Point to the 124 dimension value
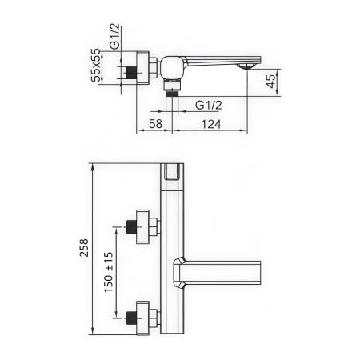pyautogui.click(x=212, y=125)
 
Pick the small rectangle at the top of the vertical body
pyautogui.click(x=171, y=174)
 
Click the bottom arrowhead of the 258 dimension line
pyautogui.click(x=94, y=334)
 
